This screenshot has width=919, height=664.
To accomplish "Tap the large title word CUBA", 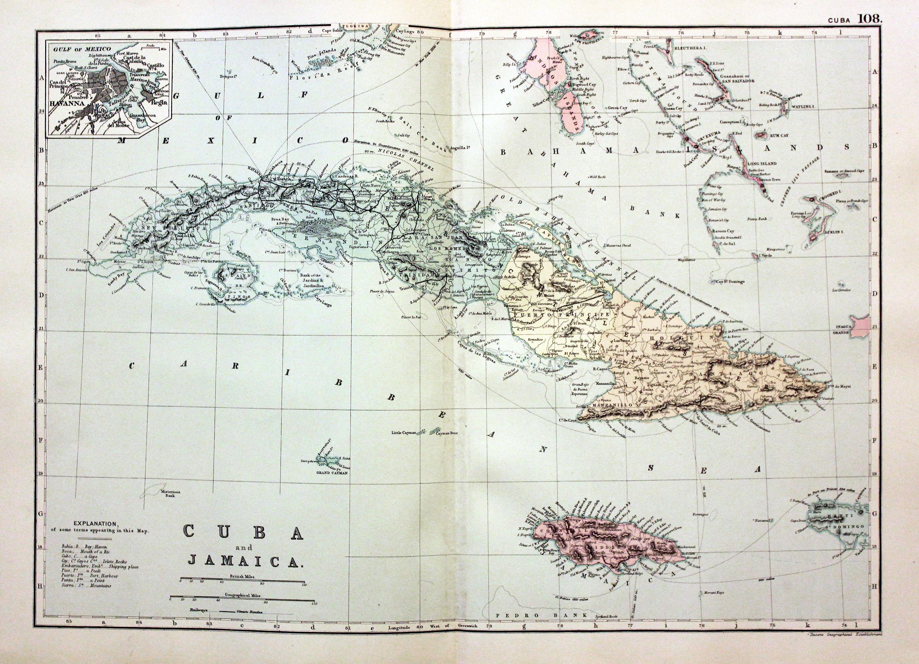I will pos(243,532).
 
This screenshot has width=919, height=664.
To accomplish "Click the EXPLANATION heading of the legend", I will pos(96,523).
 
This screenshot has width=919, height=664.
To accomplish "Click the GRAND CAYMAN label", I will pos(333,472).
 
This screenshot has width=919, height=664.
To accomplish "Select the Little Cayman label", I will pos(404,433).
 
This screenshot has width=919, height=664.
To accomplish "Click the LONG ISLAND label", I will pos(762,163).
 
